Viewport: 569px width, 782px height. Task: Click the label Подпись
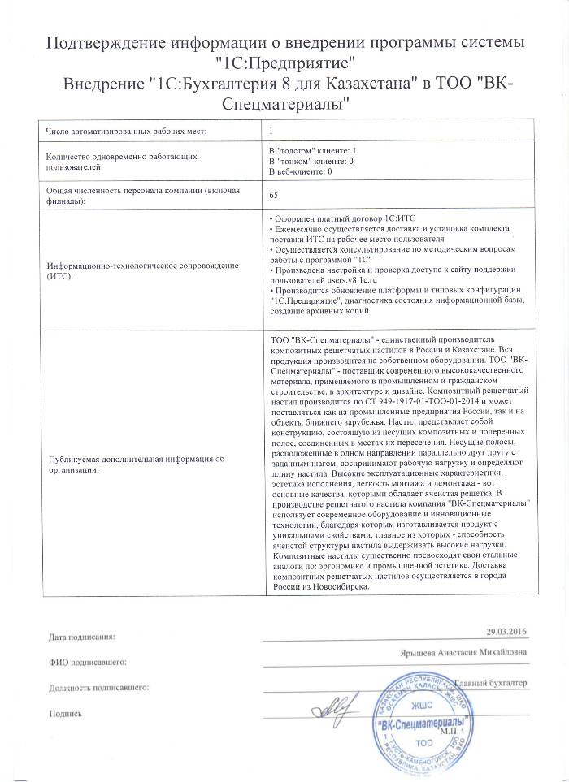click(67, 715)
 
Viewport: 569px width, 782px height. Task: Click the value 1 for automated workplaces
click(271, 131)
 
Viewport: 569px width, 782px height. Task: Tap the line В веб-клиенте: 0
click(301, 171)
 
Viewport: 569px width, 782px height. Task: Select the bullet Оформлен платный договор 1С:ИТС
click(340, 220)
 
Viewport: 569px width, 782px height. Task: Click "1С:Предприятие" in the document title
click(284, 62)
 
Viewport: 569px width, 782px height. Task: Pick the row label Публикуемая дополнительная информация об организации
click(136, 464)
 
